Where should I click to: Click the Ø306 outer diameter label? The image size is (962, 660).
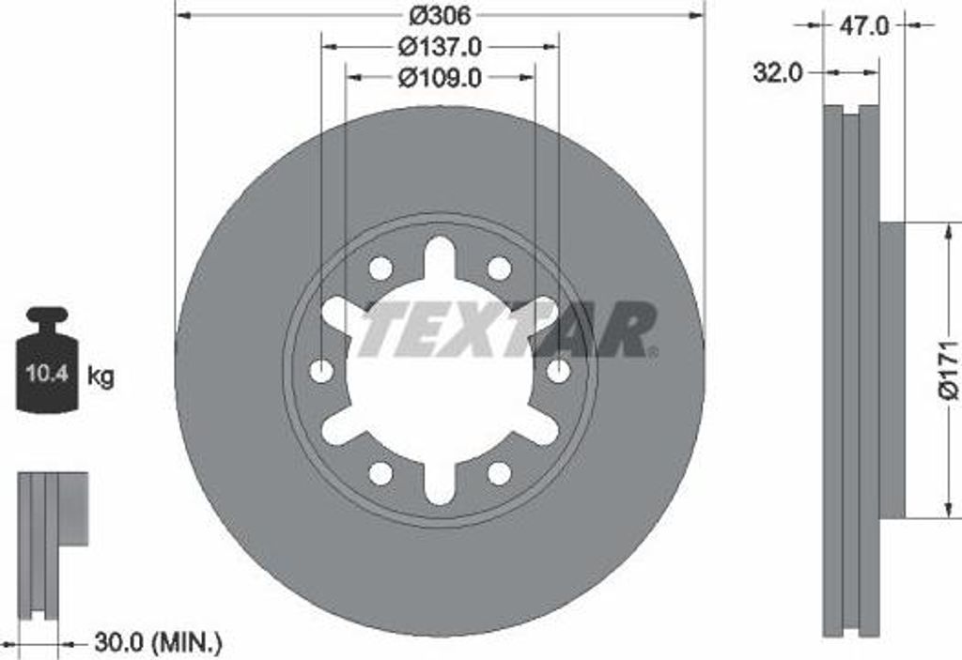click(x=440, y=14)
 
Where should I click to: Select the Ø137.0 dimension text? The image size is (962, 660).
click(x=440, y=45)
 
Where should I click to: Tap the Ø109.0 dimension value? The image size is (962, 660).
click(x=440, y=78)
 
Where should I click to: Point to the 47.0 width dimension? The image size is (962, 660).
click(x=863, y=26)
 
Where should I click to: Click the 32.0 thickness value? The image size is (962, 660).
click(x=777, y=72)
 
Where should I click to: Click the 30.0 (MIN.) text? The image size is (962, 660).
click(x=158, y=643)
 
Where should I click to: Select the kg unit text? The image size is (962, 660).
click(x=101, y=377)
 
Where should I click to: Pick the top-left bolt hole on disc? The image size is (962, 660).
click(x=380, y=269)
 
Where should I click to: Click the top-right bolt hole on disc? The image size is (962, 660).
click(x=499, y=269)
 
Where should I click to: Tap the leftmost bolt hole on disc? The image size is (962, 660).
click(x=321, y=371)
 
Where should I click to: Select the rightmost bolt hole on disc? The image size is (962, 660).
click(x=558, y=371)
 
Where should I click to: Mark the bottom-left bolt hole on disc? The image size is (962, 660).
click(x=380, y=473)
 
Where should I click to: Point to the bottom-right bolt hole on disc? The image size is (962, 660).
click(x=499, y=473)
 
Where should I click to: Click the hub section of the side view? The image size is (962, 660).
click(x=892, y=370)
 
